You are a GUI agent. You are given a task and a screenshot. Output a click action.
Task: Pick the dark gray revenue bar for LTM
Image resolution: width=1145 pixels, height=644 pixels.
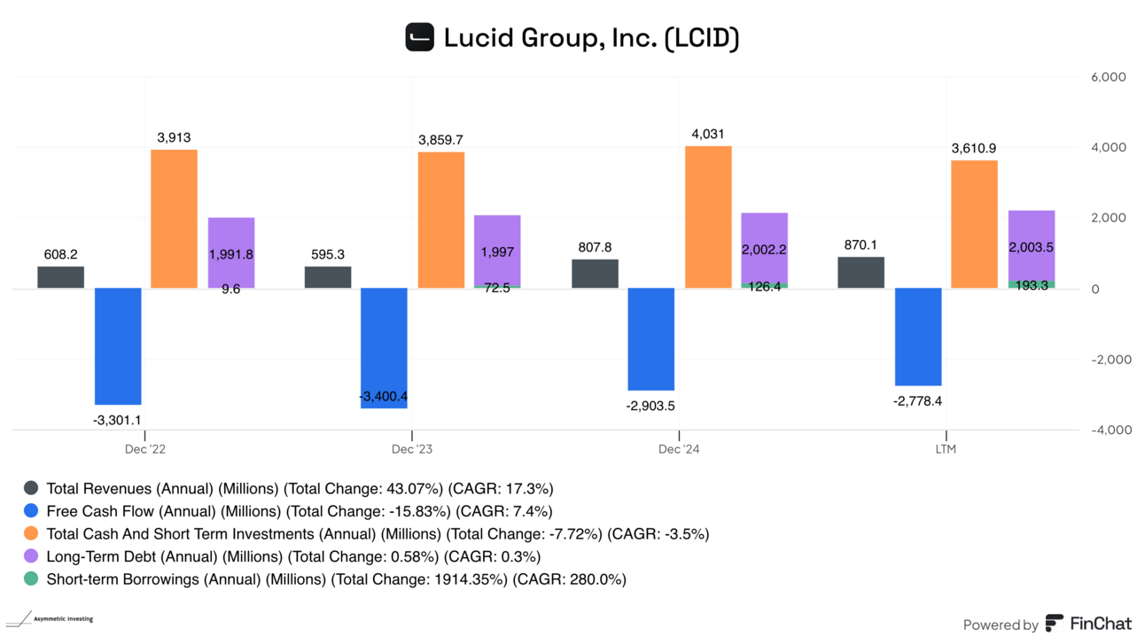coord(861,273)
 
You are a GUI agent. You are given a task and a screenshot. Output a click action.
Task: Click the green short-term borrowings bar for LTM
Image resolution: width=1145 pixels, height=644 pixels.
coord(1032,284)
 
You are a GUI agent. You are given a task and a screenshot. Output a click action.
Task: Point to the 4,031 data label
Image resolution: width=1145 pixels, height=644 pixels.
coord(707,134)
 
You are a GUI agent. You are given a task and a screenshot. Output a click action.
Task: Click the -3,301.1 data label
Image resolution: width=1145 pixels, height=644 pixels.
coord(117,421)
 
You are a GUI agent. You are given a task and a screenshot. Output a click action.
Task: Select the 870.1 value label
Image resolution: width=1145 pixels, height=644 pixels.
coord(860,244)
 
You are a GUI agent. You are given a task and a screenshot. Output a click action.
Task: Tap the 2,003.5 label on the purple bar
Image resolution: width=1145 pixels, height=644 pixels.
coord(1031,248)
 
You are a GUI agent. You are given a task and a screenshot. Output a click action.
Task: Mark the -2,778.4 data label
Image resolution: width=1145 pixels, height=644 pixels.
coord(918,401)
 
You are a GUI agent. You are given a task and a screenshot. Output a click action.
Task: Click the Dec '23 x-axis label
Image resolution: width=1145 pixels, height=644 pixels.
coord(412,449)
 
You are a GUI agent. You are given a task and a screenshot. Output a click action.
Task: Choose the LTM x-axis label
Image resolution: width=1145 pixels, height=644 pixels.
coord(946,449)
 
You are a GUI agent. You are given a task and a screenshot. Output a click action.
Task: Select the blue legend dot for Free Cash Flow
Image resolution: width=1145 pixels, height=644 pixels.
coord(31,511)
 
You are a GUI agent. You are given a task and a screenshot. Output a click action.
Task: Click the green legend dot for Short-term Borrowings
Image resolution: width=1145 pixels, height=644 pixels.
coord(31,580)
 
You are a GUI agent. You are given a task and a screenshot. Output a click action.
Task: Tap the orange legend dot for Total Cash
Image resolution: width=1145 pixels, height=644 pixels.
coord(31,534)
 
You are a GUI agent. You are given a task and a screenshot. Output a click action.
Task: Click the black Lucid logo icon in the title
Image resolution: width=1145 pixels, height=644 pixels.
coord(419,37)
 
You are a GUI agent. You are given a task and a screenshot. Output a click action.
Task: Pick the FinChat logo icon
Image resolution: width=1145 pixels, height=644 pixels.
coord(1055,624)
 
